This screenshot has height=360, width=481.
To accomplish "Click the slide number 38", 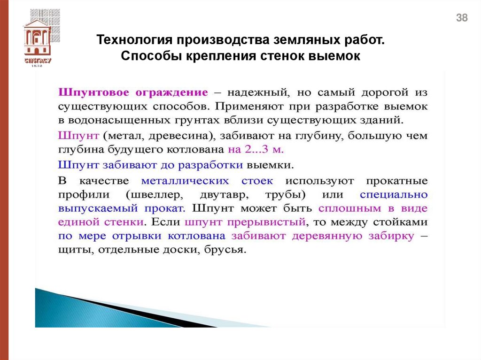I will pos(462,18).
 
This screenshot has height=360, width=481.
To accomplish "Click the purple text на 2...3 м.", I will pos(256,150).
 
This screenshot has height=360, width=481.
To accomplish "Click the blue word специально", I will pos(394,195).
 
